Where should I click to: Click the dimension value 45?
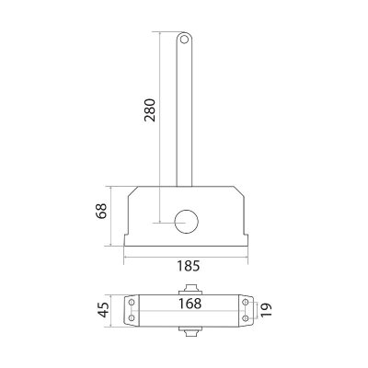point(104,310)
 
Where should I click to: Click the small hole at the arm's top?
point(184,40)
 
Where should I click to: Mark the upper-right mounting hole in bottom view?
point(246,301)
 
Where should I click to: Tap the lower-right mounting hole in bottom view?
point(246,319)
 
